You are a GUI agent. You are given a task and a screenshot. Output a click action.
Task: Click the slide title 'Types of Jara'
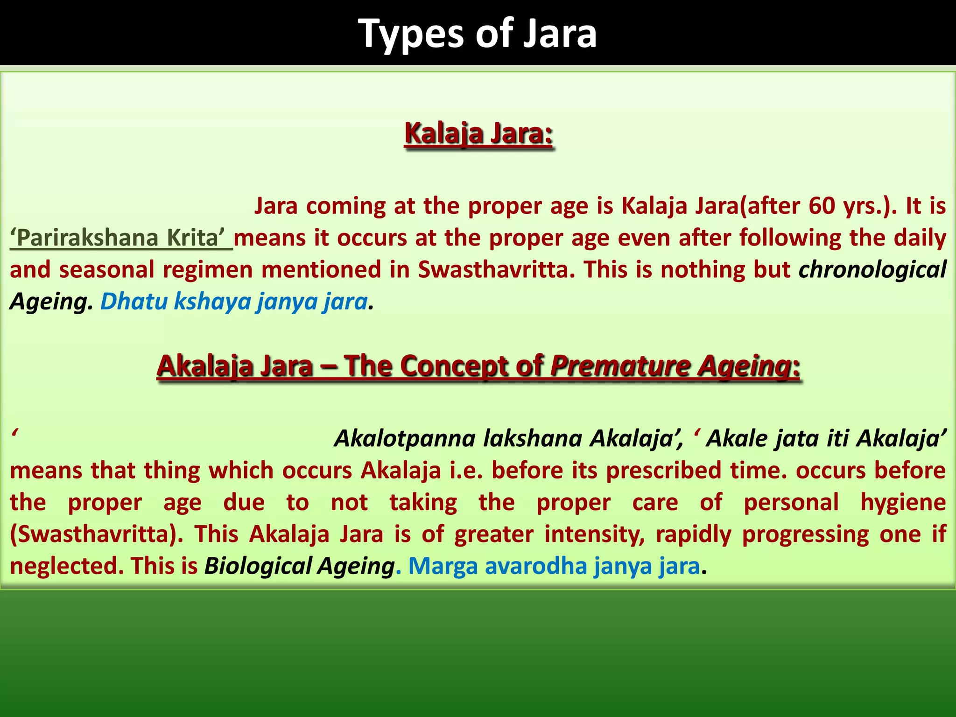(477, 34)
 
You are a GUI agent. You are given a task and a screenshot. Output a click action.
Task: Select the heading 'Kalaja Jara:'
(478, 134)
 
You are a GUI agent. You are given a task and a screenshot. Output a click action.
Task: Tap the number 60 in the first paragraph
(821, 206)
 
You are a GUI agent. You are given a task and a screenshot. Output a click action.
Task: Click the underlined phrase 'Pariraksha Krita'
(120, 238)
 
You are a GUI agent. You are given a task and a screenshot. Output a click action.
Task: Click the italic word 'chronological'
(872, 270)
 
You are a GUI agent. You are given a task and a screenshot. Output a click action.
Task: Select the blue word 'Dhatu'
(134, 302)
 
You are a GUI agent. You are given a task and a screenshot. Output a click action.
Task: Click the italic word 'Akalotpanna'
(405, 438)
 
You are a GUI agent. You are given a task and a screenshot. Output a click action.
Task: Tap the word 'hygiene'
(903, 502)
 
